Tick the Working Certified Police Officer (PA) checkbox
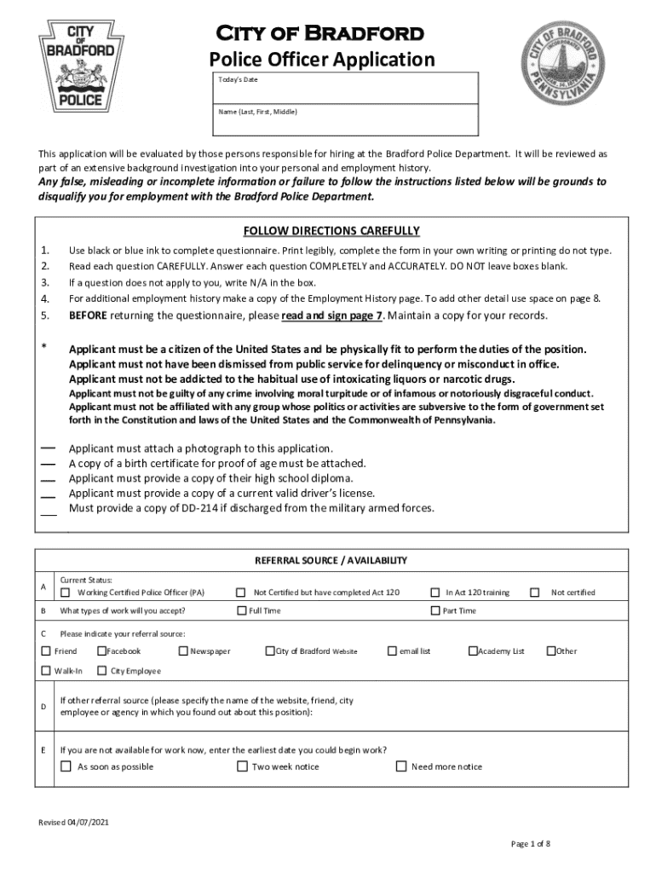click(x=66, y=593)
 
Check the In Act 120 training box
click(x=436, y=593)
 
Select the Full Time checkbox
click(x=242, y=610)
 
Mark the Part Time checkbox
click(x=436, y=610)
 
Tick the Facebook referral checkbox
click(x=101, y=651)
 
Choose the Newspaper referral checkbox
click(x=183, y=651)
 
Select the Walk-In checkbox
click(x=47, y=671)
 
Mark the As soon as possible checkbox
click(x=66, y=766)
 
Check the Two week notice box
click(x=242, y=766)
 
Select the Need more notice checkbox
click(x=401, y=766)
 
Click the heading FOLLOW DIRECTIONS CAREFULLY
click(x=331, y=231)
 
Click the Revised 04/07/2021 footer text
click(x=73, y=823)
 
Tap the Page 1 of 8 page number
click(x=530, y=844)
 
